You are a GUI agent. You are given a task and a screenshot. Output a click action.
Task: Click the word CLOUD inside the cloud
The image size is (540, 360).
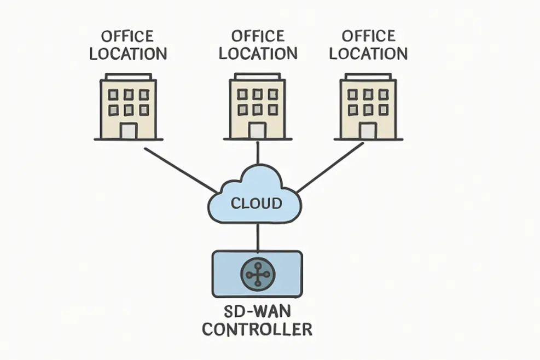(256, 204)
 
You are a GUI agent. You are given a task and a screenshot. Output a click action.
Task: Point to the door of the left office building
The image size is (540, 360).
(129, 131)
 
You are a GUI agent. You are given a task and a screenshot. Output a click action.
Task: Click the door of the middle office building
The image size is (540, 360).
(257, 130)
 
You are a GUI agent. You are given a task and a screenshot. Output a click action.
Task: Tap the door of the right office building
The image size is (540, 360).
(368, 130)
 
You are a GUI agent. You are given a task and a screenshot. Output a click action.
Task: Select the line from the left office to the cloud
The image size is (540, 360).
(181, 170)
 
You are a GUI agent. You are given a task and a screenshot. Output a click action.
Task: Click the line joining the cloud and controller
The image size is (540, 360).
(257, 237)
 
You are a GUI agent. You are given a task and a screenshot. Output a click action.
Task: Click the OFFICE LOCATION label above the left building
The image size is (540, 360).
(128, 46)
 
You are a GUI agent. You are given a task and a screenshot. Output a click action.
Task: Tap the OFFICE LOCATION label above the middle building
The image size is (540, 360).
(258, 45)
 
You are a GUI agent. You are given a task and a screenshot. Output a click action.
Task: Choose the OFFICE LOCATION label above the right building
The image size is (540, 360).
(368, 45)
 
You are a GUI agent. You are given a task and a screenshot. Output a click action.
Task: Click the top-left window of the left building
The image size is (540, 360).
(113, 95)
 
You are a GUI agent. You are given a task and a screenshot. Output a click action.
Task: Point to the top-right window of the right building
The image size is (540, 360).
(383, 95)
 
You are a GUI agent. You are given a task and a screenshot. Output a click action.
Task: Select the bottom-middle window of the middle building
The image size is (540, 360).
(257, 109)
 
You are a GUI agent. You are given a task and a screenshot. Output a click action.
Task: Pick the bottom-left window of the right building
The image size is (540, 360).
(353, 109)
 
